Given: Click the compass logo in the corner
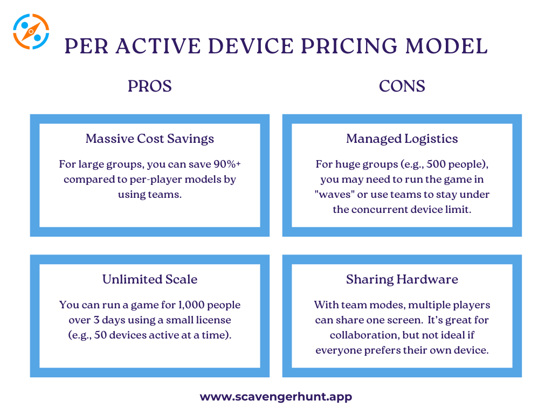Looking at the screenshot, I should click(31, 31).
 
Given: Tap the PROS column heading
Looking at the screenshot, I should click(149, 86).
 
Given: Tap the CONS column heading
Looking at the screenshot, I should click(402, 86).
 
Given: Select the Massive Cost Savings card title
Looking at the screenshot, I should click(150, 139).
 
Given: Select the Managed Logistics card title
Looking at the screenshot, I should click(402, 139).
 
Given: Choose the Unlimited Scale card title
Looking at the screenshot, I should click(150, 279).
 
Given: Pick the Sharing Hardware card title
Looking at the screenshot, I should click(402, 279).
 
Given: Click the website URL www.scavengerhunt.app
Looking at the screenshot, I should click(275, 397).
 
